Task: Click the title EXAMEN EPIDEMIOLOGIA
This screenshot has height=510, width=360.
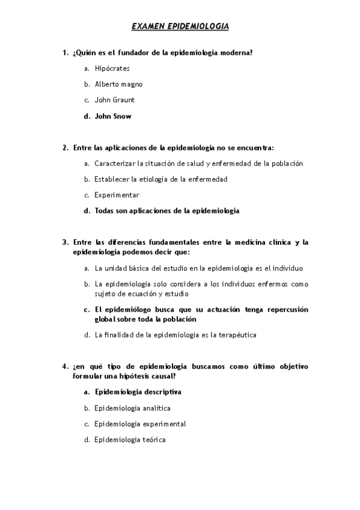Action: point(180,26)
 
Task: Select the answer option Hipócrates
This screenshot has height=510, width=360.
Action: point(112,69)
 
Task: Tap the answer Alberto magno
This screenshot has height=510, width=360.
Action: point(118,84)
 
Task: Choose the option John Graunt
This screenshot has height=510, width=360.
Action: point(114,100)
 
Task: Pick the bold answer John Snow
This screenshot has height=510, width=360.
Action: point(113,116)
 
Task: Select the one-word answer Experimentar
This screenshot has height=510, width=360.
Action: point(117,195)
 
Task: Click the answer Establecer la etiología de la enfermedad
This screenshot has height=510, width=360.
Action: point(160,179)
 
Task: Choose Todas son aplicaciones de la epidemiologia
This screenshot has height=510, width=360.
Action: point(166,211)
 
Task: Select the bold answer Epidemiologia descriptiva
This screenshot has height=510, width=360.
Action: point(138,392)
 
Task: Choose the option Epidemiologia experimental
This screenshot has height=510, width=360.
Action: point(140,424)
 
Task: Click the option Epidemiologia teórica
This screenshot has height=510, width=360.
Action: point(130,440)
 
